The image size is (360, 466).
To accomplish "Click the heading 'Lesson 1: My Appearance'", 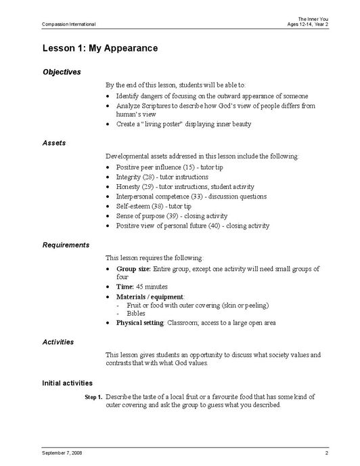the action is pyautogui.click(x=99, y=48).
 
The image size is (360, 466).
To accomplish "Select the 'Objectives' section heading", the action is pyautogui.click(x=62, y=72).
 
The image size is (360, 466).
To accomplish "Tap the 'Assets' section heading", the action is pyautogui.click(x=53, y=143).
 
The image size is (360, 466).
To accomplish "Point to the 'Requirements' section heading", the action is pyautogui.click(x=66, y=245).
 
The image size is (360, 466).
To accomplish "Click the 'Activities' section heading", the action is pyautogui.click(x=58, y=341).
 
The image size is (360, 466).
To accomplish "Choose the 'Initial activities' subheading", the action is pyautogui.click(x=68, y=383).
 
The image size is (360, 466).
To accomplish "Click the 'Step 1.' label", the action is pyautogui.click(x=93, y=397).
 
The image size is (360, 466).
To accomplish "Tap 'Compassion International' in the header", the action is pyautogui.click(x=68, y=24).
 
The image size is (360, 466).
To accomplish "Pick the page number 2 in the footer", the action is pyautogui.click(x=326, y=451).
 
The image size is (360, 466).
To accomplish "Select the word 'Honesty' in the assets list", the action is pyautogui.click(x=127, y=186).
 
